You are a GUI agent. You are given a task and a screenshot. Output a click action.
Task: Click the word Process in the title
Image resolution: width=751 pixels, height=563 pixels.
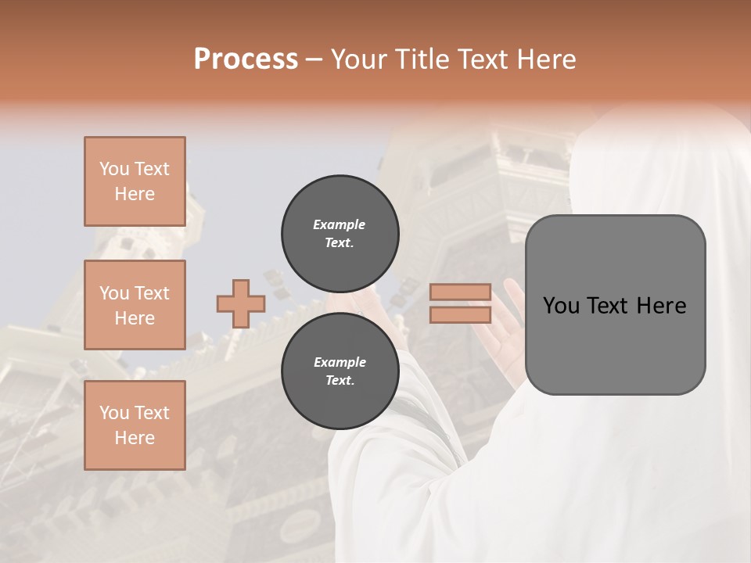coord(246,59)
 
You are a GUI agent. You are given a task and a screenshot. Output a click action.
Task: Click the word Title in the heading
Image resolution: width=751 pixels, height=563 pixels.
coord(422,59)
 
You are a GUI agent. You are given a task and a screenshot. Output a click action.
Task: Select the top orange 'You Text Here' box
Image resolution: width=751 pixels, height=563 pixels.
coord(135,181)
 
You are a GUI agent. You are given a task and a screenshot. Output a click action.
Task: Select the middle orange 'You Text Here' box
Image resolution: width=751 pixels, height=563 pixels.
coord(135,305)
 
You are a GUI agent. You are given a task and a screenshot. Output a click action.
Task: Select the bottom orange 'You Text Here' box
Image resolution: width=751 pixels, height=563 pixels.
coord(135,425)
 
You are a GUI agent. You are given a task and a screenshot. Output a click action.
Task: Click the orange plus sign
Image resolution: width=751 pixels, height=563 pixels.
coord(240,303)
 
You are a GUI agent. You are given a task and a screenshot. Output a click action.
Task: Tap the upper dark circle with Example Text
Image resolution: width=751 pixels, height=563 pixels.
coord(340,234)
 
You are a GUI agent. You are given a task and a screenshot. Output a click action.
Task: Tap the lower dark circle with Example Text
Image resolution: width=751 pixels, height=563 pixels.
coord(340,371)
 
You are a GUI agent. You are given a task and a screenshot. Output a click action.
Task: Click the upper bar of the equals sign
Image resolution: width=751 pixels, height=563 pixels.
coord(460,292)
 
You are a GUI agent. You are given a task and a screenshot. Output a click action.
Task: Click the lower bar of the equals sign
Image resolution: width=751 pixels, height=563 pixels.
coord(460,315)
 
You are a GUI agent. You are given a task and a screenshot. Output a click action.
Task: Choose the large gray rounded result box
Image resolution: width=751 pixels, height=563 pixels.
coord(615,305)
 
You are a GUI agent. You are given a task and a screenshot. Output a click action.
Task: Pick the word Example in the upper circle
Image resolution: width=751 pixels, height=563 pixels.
coord(340,224)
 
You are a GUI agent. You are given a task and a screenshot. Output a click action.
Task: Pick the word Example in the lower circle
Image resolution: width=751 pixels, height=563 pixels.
coord(340,362)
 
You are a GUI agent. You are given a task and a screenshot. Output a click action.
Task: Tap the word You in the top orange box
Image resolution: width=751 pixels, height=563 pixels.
coord(114,169)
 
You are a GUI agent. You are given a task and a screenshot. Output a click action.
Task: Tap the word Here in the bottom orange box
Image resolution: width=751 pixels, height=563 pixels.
coord(135,438)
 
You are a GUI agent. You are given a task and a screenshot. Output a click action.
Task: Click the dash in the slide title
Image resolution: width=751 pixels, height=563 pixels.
coord(314,60)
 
